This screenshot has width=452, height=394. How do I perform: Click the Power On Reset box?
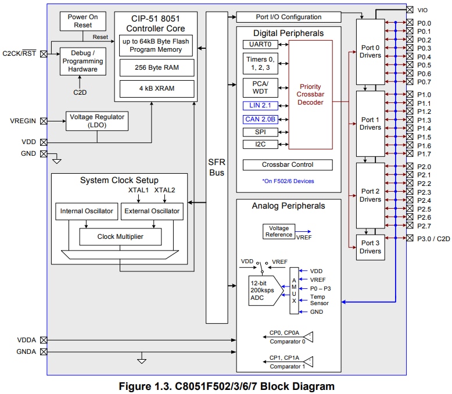coord(83,21)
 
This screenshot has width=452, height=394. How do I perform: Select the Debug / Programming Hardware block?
coord(83,61)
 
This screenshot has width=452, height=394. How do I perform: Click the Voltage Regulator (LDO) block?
coord(97,121)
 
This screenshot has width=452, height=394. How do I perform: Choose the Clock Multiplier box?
coord(120,237)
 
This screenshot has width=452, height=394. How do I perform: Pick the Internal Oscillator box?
coord(87,212)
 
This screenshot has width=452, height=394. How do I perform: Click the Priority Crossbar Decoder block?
coord(310,95)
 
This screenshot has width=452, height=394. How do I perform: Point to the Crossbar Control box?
coord(288,165)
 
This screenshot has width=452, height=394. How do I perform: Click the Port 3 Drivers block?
coord(370,247)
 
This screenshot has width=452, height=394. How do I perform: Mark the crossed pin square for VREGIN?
coord(43,121)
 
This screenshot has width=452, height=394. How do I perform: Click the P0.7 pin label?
coord(424,82)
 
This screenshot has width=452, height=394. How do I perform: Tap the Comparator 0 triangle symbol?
coord(308,337)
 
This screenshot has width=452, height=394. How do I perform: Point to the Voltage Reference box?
coord(279,231)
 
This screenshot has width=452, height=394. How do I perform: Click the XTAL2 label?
coord(165,190)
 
